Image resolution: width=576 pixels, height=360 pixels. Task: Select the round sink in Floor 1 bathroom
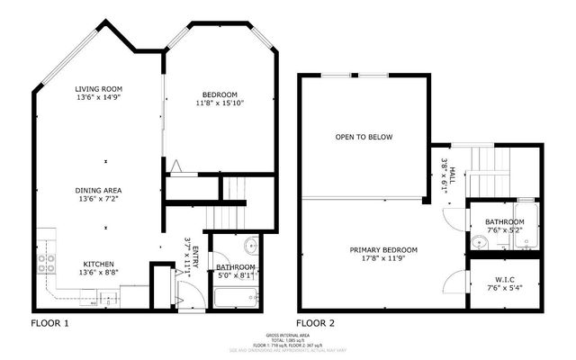[249, 246]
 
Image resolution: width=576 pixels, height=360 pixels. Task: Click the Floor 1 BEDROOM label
[220, 94]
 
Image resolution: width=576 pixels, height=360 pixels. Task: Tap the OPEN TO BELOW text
[364, 138]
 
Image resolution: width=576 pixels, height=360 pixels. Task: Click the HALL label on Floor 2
[455, 166]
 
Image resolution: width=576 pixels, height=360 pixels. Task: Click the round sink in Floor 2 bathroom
[476, 243]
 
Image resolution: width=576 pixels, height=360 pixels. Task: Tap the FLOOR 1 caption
[50, 322]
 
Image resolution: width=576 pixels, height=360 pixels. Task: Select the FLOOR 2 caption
[316, 322]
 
